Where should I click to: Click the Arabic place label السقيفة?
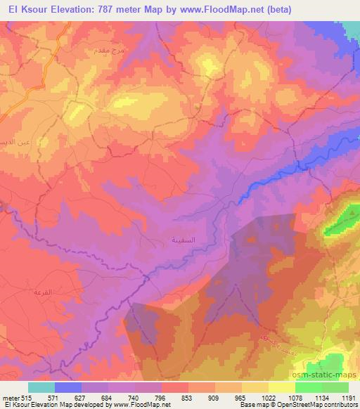coord(184,240)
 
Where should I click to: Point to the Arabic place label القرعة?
coord(43,291)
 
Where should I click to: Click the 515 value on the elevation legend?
coord(27,398)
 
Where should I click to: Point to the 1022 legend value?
coord(269,398)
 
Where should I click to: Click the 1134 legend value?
coord(323,398)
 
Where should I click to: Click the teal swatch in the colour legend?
coord(41,387)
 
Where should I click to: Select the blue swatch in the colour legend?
coord(68,387)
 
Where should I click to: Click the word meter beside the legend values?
coord(9,398)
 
